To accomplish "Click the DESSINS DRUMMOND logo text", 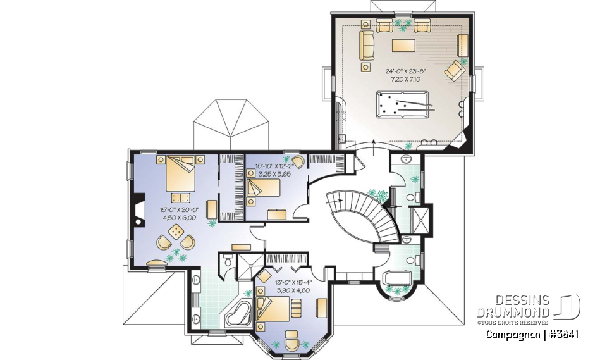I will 513,307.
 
